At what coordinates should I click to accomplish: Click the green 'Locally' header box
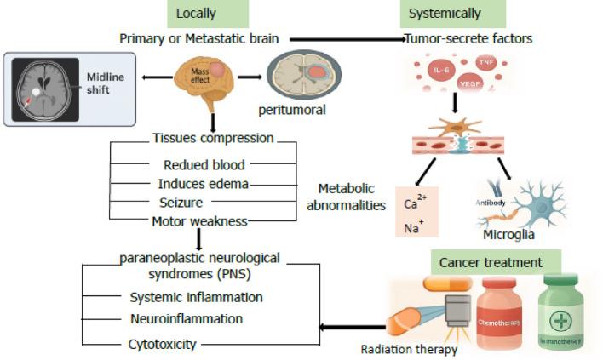(x=195, y=14)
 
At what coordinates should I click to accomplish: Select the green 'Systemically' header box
(x=444, y=14)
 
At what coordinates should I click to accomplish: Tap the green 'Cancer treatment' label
(x=497, y=261)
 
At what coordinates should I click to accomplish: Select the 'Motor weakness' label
(x=200, y=220)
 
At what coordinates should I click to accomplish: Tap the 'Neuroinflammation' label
(x=186, y=318)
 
